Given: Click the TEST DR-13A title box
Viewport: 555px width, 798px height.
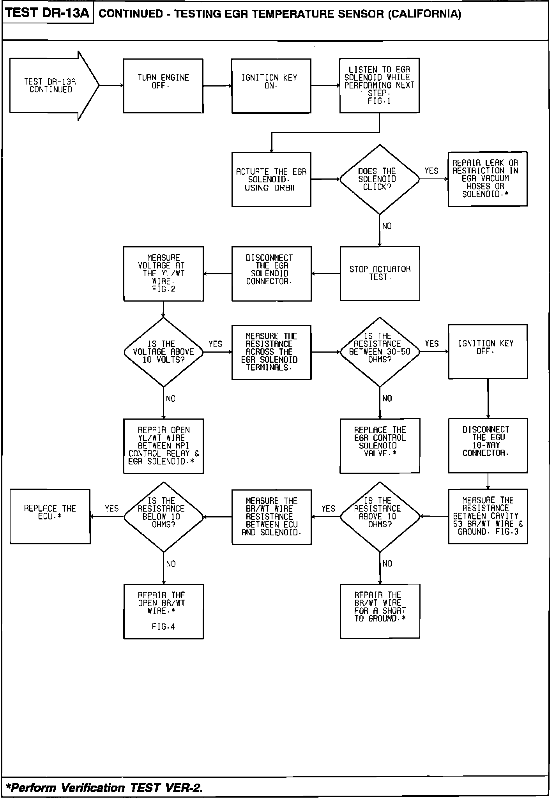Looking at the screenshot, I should click(48, 13).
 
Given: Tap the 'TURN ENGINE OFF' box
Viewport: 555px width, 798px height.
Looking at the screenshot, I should click(163, 86).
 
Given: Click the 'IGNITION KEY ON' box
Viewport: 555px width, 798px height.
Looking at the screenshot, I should click(271, 86).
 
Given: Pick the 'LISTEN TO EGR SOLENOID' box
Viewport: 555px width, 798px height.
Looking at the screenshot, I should click(379, 86).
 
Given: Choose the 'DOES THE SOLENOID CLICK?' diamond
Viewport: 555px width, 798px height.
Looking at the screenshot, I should click(379, 179).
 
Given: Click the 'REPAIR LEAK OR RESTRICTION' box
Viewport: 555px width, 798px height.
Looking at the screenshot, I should click(487, 179).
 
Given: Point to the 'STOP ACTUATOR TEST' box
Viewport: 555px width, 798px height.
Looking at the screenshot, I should click(380, 273).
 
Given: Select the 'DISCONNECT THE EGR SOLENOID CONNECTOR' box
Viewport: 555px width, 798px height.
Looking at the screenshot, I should click(271, 274).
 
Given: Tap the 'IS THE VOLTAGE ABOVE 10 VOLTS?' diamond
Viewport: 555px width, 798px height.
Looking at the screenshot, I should click(163, 352).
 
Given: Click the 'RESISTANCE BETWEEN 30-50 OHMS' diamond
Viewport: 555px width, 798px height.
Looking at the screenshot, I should click(379, 352).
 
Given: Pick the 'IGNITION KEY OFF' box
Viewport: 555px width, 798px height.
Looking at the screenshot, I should click(488, 351).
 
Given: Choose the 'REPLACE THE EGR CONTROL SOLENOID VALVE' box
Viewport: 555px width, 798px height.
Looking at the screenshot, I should click(380, 446).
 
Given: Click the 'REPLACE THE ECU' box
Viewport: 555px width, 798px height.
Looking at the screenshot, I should click(50, 516).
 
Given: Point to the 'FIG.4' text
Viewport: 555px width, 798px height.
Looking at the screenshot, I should click(163, 627).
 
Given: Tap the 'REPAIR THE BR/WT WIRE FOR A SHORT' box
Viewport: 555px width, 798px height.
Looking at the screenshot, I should click(380, 611).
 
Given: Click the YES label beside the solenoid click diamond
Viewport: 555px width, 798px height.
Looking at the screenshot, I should click(431, 171).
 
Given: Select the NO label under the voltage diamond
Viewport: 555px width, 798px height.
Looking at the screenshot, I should click(170, 399).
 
